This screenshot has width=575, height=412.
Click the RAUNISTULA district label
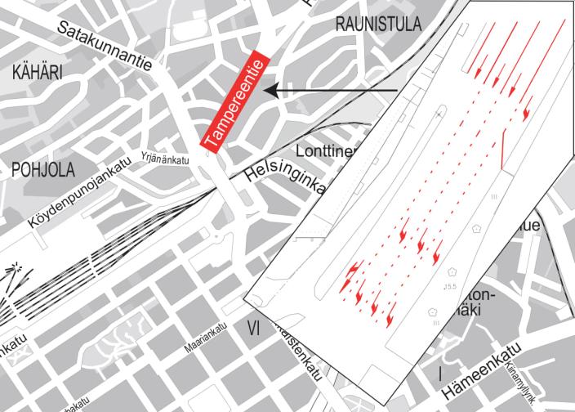378,24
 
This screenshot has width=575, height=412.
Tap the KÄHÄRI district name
38,73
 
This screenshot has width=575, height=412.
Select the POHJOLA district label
42,169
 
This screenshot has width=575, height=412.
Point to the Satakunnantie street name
105,44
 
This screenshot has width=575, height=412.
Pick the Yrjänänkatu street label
165,156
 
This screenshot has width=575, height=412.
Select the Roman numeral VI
253,328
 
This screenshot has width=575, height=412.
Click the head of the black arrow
271,90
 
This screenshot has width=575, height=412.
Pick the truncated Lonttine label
325,152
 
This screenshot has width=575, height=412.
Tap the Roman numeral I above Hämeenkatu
441,374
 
